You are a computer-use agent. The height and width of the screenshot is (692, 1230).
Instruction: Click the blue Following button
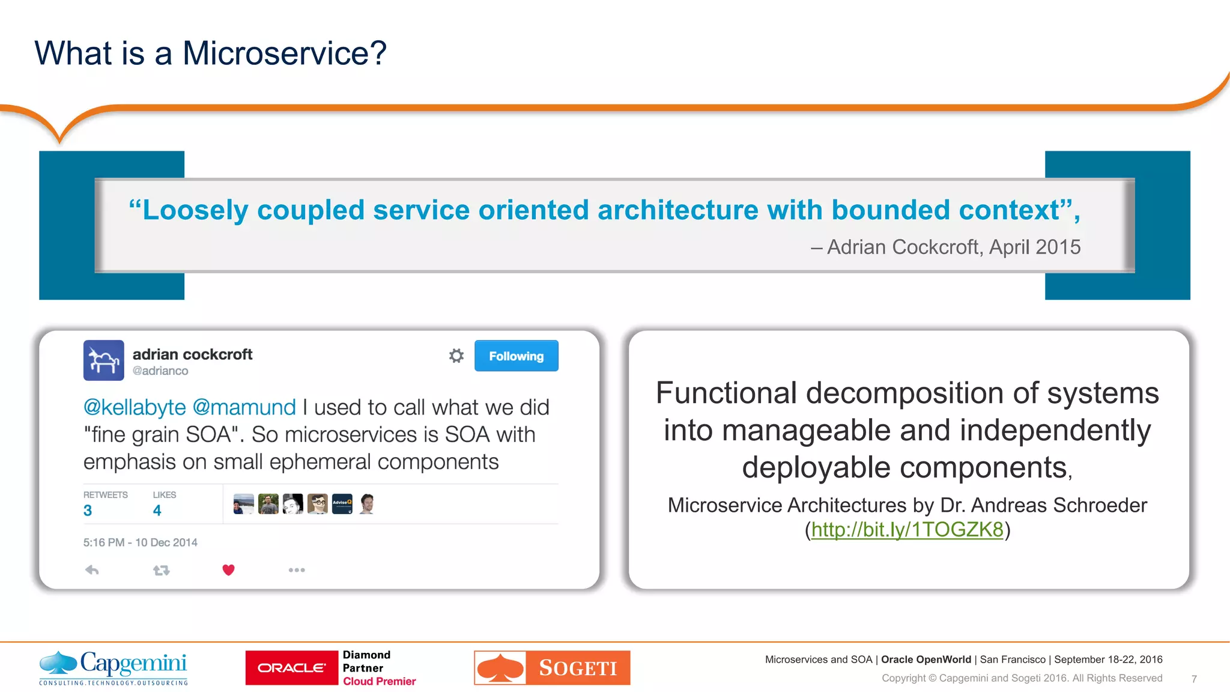point(516,356)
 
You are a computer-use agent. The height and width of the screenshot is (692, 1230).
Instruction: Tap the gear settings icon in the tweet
point(456,356)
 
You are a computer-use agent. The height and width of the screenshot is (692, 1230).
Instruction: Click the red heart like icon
point(228,569)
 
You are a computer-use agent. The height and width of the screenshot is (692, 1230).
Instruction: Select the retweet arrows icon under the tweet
point(161,570)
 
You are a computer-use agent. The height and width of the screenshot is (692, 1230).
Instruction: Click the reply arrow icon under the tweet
point(92,569)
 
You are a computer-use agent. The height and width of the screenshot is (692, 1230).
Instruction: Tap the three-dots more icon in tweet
point(297,569)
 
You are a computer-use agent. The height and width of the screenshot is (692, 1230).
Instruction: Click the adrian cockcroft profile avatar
point(104,360)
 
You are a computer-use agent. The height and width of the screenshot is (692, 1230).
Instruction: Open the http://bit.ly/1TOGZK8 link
point(907,529)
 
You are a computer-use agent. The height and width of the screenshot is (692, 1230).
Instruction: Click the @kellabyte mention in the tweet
point(135,407)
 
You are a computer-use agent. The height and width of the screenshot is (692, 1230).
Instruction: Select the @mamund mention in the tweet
point(244,407)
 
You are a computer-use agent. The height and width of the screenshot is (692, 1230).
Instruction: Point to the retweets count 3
point(88,511)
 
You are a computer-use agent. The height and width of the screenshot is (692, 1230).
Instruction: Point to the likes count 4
point(157,511)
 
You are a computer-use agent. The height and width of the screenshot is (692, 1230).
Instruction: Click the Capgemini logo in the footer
point(114,667)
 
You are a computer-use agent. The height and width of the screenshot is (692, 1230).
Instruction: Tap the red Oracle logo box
point(292,667)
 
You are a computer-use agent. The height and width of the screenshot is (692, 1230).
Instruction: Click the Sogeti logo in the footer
point(552,667)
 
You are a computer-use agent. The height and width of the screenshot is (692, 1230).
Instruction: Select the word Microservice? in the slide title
point(284,53)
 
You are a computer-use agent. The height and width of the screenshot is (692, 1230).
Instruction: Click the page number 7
point(1194,679)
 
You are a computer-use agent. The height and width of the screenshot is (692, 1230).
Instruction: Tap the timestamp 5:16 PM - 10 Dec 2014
point(140,542)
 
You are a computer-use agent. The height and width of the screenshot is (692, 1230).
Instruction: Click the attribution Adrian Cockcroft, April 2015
point(953,247)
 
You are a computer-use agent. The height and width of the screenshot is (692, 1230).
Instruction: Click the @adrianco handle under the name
point(160,371)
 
